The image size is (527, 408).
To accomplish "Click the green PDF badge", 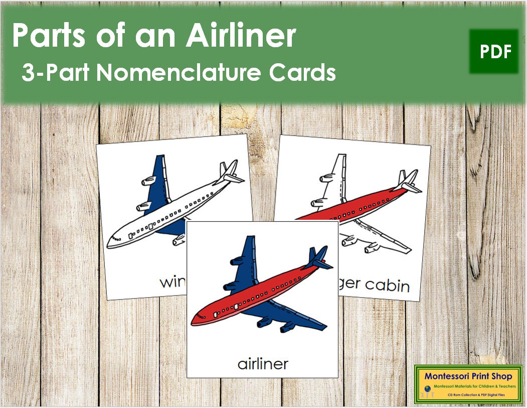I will (x=494, y=52).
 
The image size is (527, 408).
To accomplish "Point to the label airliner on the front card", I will (x=262, y=363).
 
